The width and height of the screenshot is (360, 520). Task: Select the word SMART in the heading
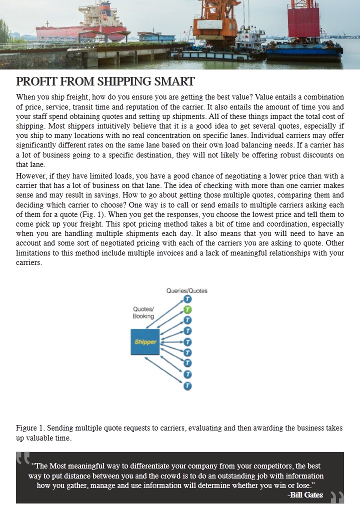click(x=176, y=81)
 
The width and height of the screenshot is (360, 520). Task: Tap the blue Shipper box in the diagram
click(x=145, y=342)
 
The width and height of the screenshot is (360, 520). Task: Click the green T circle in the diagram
click(x=187, y=309)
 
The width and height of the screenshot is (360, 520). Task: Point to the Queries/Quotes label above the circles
click(x=186, y=290)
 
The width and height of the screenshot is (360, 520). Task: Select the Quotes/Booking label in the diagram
click(x=143, y=312)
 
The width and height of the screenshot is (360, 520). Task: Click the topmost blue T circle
click(x=187, y=299)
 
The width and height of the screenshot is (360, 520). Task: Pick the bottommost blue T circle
click(x=187, y=385)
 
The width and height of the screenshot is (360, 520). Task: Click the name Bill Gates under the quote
click(x=306, y=495)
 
